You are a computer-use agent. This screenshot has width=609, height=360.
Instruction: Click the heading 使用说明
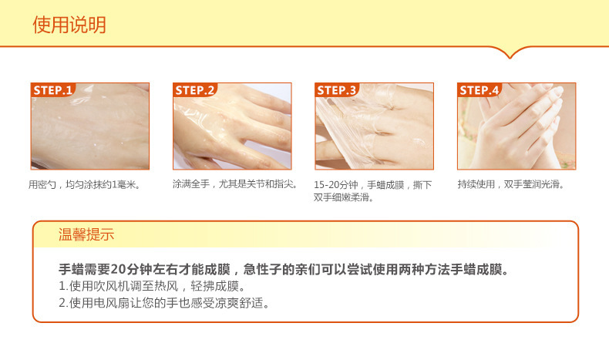(69, 25)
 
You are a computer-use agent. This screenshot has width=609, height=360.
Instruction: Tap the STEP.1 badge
(52, 90)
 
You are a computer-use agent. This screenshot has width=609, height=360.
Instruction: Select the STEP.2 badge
(194, 90)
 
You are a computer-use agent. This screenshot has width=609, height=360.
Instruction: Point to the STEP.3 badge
(336, 90)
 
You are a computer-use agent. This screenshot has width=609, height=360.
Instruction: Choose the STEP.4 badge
(479, 90)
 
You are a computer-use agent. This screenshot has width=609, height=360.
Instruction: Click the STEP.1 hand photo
(90, 126)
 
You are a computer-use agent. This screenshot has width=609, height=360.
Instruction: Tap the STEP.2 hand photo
(232, 126)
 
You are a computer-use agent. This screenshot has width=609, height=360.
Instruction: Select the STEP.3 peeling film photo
(374, 126)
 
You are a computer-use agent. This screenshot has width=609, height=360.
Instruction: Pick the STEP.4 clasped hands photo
(516, 126)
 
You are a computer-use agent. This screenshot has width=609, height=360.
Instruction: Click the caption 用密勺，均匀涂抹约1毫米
(84, 184)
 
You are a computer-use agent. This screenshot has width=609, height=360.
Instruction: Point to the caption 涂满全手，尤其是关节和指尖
(235, 183)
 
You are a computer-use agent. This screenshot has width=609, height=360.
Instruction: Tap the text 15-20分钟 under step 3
(336, 185)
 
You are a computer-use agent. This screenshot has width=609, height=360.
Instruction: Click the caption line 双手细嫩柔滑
(344, 197)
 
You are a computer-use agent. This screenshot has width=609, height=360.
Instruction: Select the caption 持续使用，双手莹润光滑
(511, 184)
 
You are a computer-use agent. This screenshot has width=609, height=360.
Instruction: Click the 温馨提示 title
(86, 234)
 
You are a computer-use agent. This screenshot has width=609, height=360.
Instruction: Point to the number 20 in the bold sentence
(117, 269)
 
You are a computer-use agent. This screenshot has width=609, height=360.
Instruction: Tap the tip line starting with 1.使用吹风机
(153, 286)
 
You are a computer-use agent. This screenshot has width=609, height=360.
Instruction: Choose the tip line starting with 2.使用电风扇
(164, 303)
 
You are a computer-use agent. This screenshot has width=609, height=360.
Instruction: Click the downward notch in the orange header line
(510, 57)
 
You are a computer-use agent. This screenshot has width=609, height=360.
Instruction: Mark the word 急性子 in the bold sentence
(263, 269)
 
